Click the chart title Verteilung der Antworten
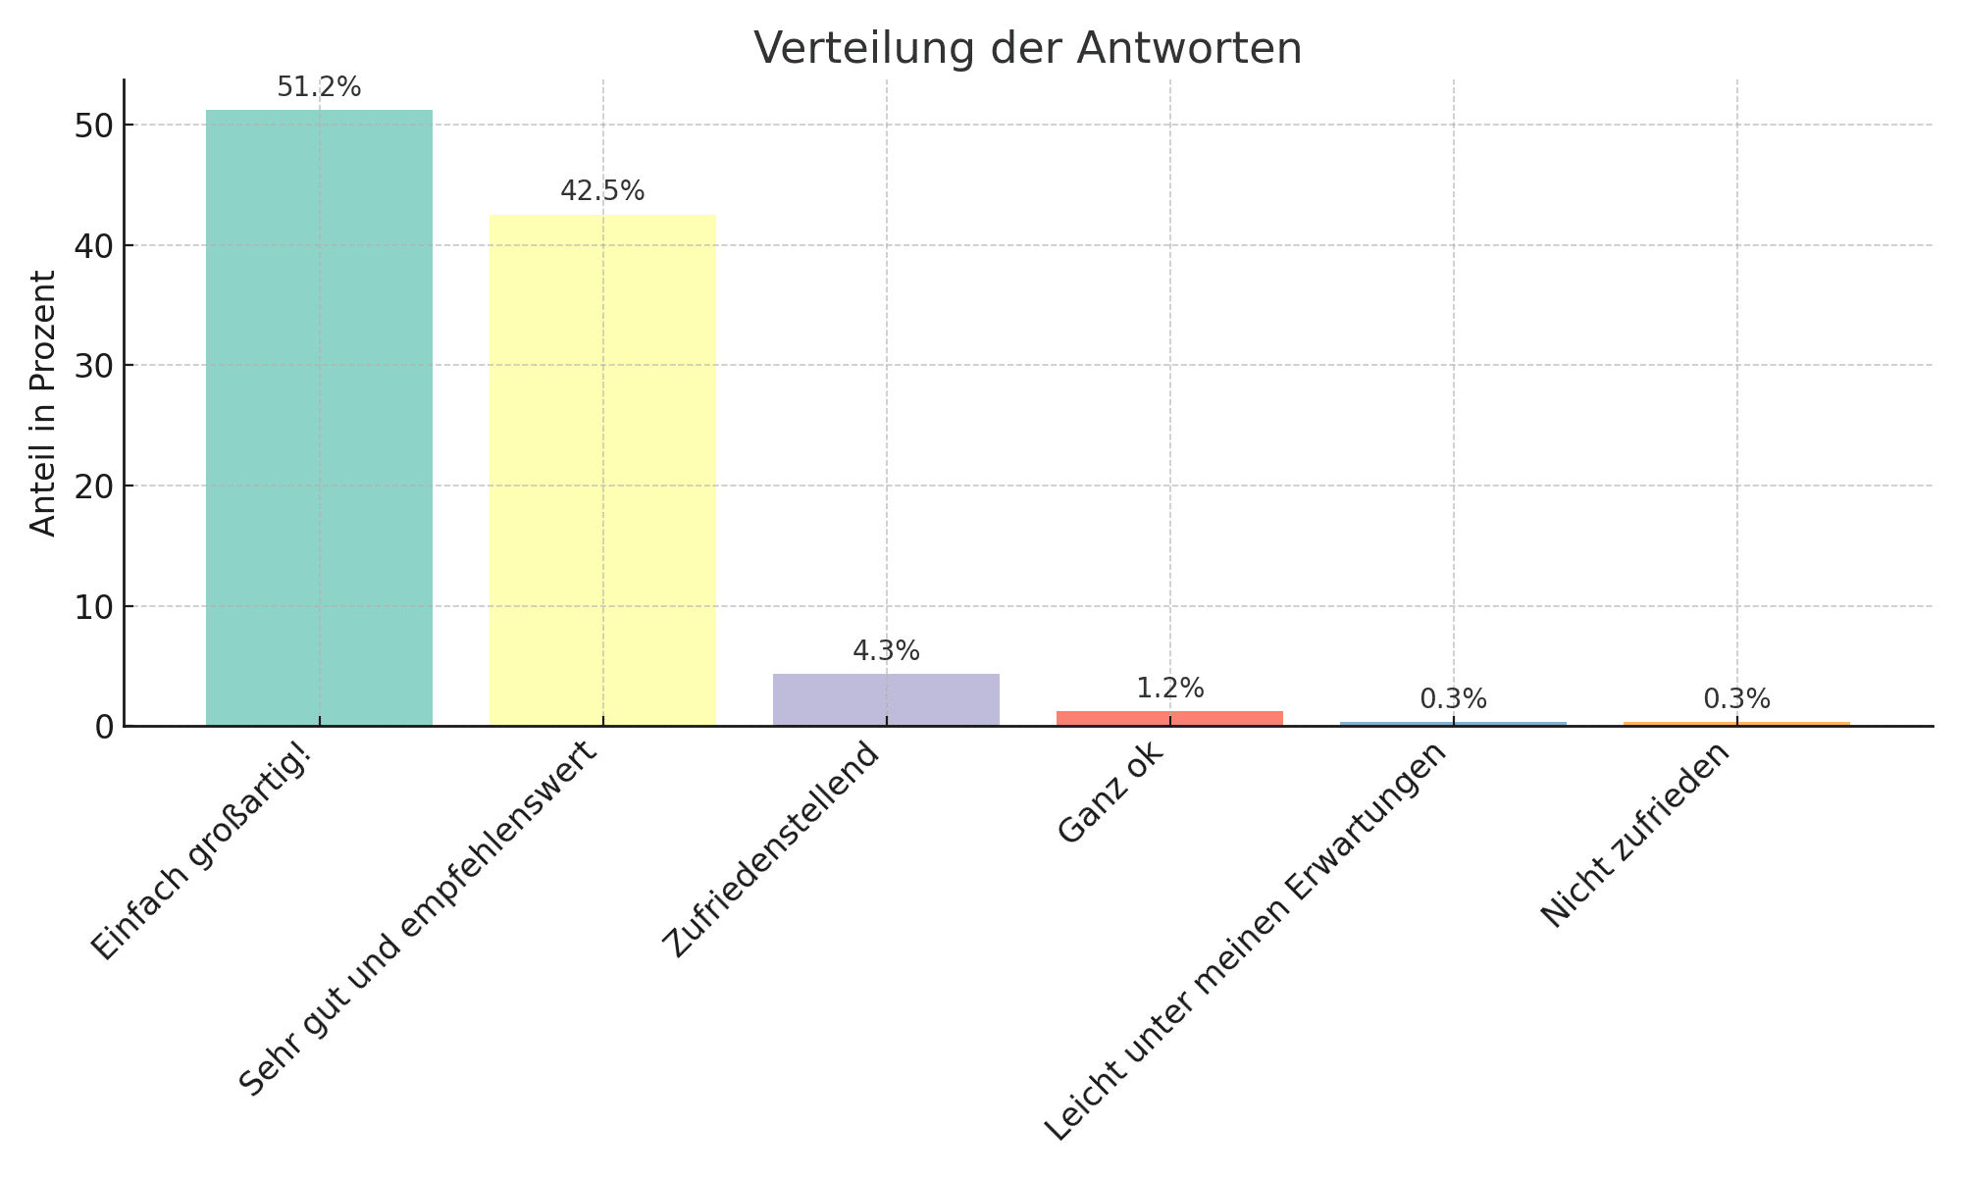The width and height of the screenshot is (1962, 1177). [x=1027, y=48]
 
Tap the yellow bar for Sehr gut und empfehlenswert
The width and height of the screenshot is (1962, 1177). [x=602, y=471]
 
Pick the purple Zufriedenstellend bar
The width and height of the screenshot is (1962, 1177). [x=886, y=699]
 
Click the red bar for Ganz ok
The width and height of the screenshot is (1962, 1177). [x=1169, y=718]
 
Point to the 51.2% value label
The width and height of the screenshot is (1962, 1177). [x=319, y=88]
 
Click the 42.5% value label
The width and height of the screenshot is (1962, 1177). [x=602, y=191]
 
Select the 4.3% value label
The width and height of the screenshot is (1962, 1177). [x=886, y=651]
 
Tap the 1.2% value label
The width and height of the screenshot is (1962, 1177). [x=1169, y=689]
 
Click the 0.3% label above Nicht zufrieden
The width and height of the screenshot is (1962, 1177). [x=1736, y=699]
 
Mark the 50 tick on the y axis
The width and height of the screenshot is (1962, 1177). [x=95, y=126]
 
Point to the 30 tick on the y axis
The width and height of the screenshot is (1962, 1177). [x=95, y=366]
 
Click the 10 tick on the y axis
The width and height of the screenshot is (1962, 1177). [x=95, y=607]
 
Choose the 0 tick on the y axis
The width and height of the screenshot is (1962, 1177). [x=106, y=727]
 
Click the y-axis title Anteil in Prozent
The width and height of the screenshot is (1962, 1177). [x=43, y=403]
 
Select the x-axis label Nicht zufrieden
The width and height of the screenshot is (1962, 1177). [x=1635, y=836]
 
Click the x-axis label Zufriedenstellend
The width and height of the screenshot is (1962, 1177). [x=771, y=850]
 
